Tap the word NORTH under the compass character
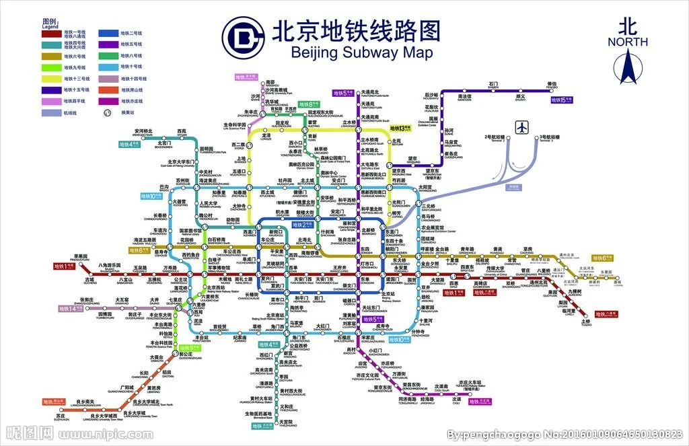(x=627, y=42)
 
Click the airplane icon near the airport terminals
(x=522, y=127)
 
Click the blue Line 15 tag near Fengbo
(x=560, y=100)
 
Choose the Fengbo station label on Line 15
(x=552, y=85)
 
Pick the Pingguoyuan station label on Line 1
(x=81, y=257)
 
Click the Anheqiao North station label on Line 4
(x=143, y=132)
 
